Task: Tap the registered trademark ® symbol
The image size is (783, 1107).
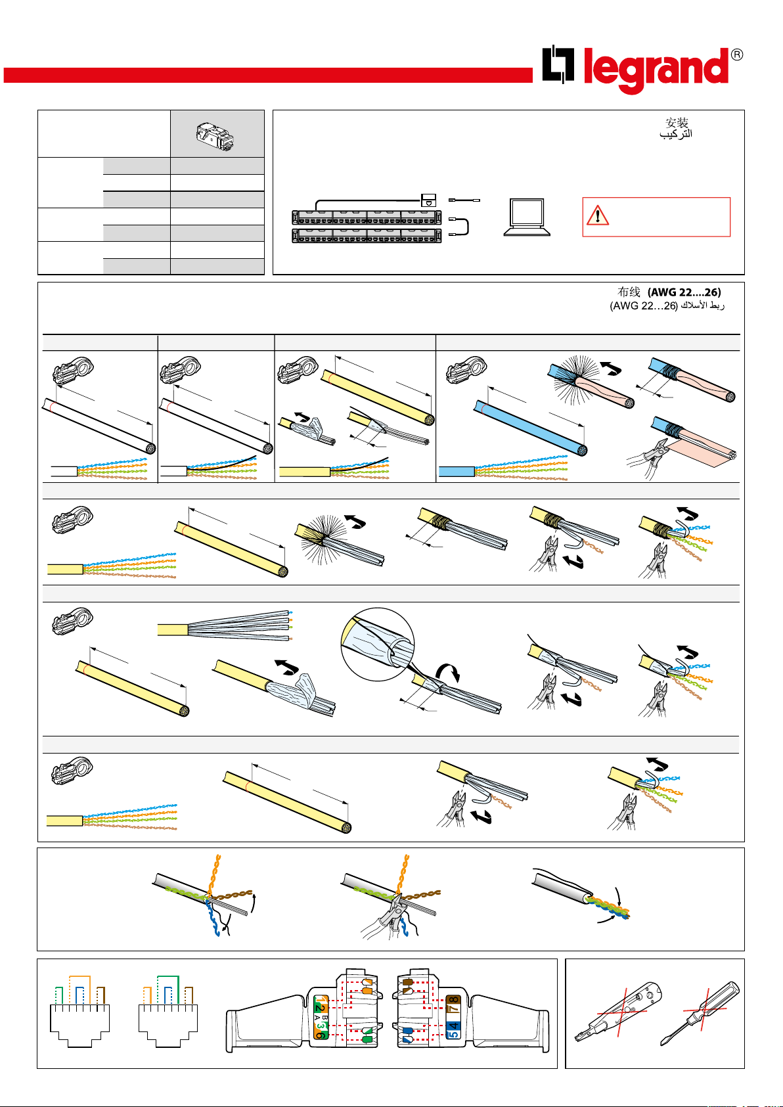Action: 736,55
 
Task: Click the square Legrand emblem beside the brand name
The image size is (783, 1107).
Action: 558,64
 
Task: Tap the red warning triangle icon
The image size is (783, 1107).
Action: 597,215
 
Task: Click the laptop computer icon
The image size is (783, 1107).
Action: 527,217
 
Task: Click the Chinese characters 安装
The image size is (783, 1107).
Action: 677,122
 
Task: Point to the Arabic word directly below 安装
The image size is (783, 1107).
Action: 675,134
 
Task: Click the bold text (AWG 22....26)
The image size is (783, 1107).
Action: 684,292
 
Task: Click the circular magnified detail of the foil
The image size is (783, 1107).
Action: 378,644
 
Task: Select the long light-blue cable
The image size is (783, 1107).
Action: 531,428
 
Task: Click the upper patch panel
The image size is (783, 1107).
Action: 367,218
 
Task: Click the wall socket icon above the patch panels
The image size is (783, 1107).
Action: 428,200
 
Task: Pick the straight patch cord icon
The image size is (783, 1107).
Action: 464,200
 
